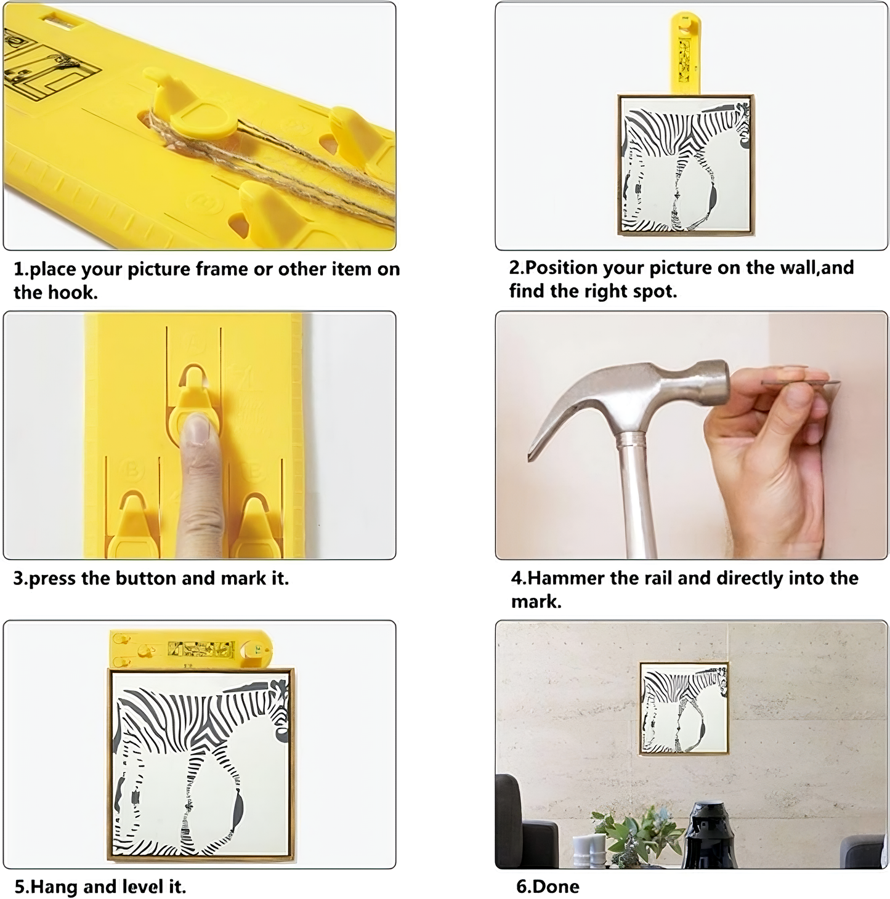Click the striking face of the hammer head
pyautogui.click(x=720, y=382)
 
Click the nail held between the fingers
pyautogui.click(x=800, y=382)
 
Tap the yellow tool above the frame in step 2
pyautogui.click(x=686, y=54)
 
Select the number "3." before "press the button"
pyautogui.click(x=21, y=578)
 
